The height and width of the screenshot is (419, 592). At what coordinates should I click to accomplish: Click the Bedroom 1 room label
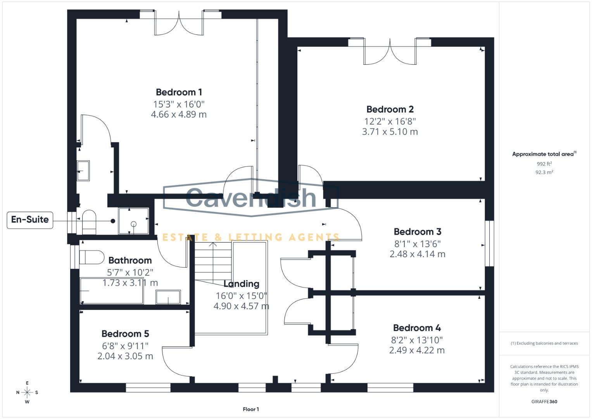[x=179, y=92]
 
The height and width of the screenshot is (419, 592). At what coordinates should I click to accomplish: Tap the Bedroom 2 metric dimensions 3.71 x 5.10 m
[x=390, y=132]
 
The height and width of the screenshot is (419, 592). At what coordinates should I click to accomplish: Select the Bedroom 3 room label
[x=417, y=232]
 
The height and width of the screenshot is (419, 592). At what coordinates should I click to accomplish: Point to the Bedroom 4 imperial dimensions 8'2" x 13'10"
[x=417, y=340]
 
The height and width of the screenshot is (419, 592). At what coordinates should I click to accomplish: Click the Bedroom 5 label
[x=125, y=334]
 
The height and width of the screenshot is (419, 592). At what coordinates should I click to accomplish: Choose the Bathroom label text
[x=130, y=260]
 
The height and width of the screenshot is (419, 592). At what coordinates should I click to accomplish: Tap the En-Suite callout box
[x=30, y=220]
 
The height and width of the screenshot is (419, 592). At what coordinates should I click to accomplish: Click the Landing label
[x=241, y=284]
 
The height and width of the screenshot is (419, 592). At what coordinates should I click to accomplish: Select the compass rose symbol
[x=27, y=392]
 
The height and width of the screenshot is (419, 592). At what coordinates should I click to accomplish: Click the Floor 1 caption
[x=251, y=409]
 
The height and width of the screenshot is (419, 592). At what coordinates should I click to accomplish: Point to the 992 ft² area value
[x=544, y=164]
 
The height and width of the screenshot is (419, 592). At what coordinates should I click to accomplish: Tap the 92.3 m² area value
[x=544, y=172]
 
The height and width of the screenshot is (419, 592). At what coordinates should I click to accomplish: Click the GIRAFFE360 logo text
[x=544, y=402]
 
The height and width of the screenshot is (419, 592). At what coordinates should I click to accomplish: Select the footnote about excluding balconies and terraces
[x=544, y=343]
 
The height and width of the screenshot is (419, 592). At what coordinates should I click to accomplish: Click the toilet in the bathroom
[x=91, y=257]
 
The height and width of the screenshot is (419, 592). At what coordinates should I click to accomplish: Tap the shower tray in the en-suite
[x=133, y=221]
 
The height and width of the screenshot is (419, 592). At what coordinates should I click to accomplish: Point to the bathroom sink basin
[x=168, y=297]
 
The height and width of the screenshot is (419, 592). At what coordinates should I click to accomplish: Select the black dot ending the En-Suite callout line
[x=113, y=221]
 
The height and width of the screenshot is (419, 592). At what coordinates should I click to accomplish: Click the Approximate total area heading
[x=544, y=154]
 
